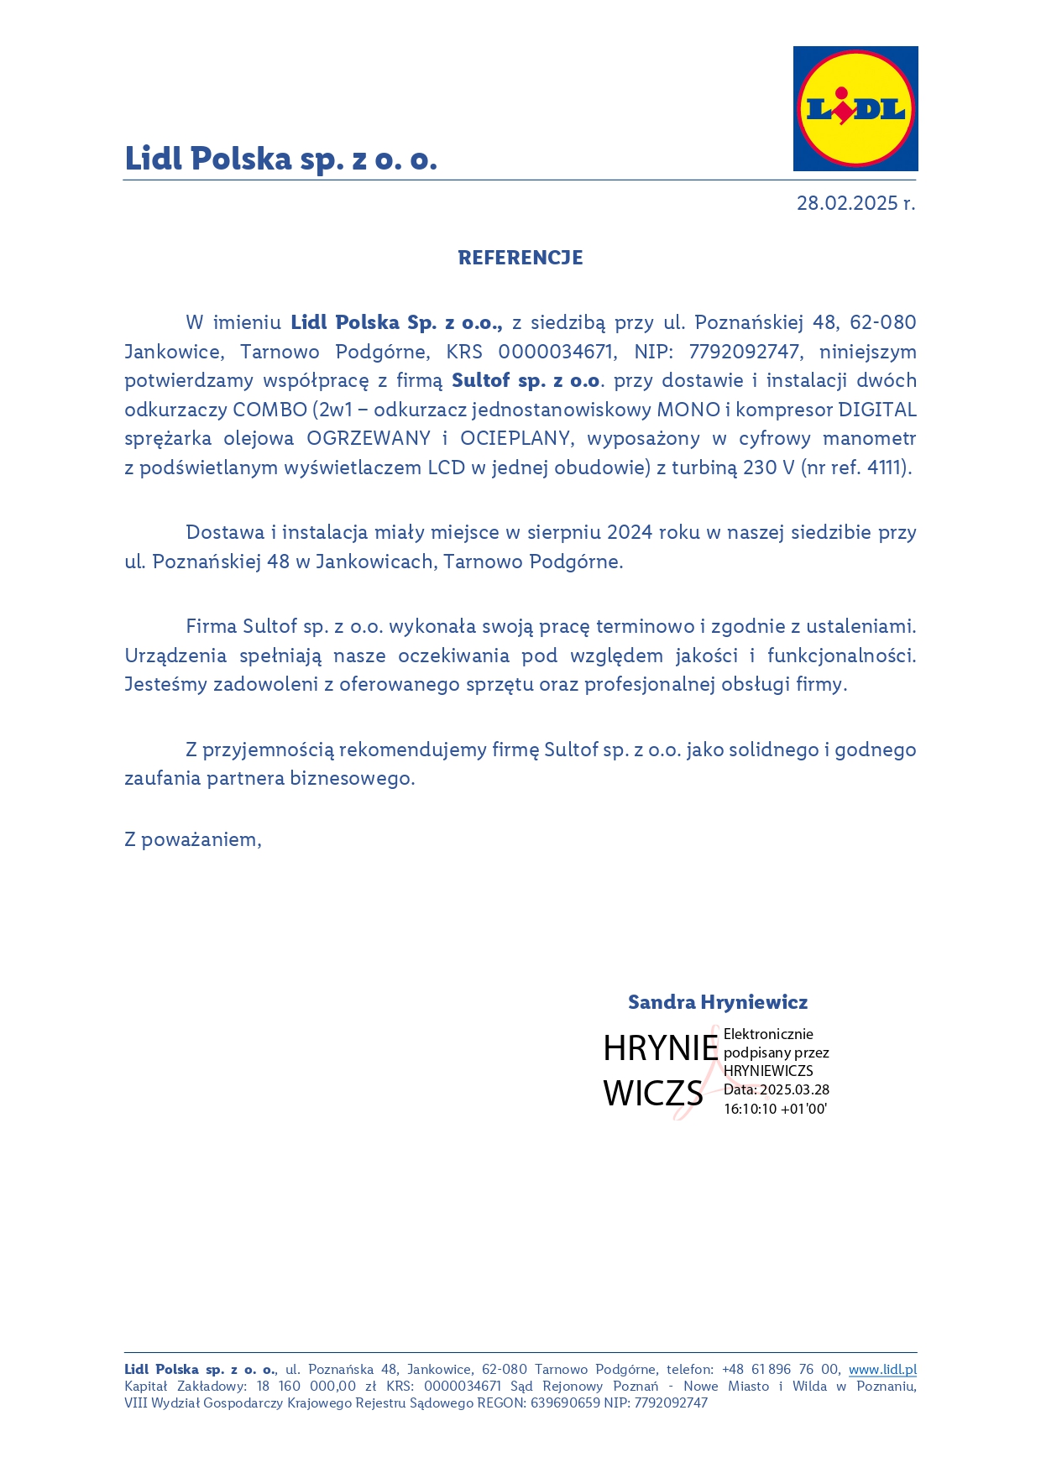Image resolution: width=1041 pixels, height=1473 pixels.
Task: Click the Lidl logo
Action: tap(855, 109)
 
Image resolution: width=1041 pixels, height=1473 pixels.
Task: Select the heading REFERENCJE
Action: tap(520, 258)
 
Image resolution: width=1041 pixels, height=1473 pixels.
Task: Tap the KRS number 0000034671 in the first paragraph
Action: tap(556, 352)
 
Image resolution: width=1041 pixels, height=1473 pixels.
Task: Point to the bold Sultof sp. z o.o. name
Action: tap(526, 381)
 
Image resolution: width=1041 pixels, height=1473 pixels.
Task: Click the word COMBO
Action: tap(269, 410)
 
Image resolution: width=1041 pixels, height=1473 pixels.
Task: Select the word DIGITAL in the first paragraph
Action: tap(877, 410)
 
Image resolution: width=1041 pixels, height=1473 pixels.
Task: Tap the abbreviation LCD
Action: tap(447, 468)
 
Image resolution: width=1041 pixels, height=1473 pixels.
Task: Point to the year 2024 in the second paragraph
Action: tap(630, 533)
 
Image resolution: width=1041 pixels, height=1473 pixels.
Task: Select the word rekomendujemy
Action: tap(423, 750)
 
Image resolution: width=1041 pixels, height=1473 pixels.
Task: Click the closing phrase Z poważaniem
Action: tap(193, 840)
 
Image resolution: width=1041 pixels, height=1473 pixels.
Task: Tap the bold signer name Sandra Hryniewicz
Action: tap(718, 1002)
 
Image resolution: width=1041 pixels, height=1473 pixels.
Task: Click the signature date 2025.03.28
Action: tap(794, 1090)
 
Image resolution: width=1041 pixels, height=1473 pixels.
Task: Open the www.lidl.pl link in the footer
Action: tap(882, 1370)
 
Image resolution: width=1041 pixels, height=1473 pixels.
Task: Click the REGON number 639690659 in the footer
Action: tap(565, 1402)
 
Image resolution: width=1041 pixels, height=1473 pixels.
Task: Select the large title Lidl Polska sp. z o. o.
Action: tap(281, 159)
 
